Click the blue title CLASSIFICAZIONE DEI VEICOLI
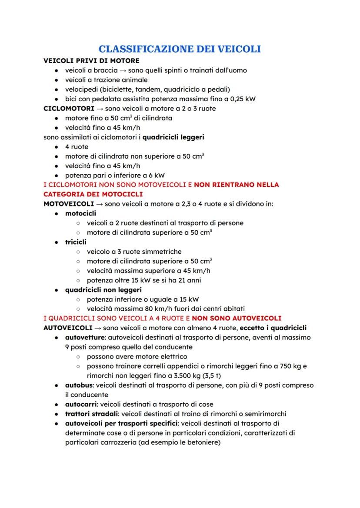click(180, 49)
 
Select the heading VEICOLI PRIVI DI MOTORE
click(92, 60)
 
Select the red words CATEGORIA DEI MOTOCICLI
click(93, 194)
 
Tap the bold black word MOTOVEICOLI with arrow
click(69, 203)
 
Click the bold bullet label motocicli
click(81, 213)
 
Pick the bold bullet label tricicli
click(76, 242)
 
